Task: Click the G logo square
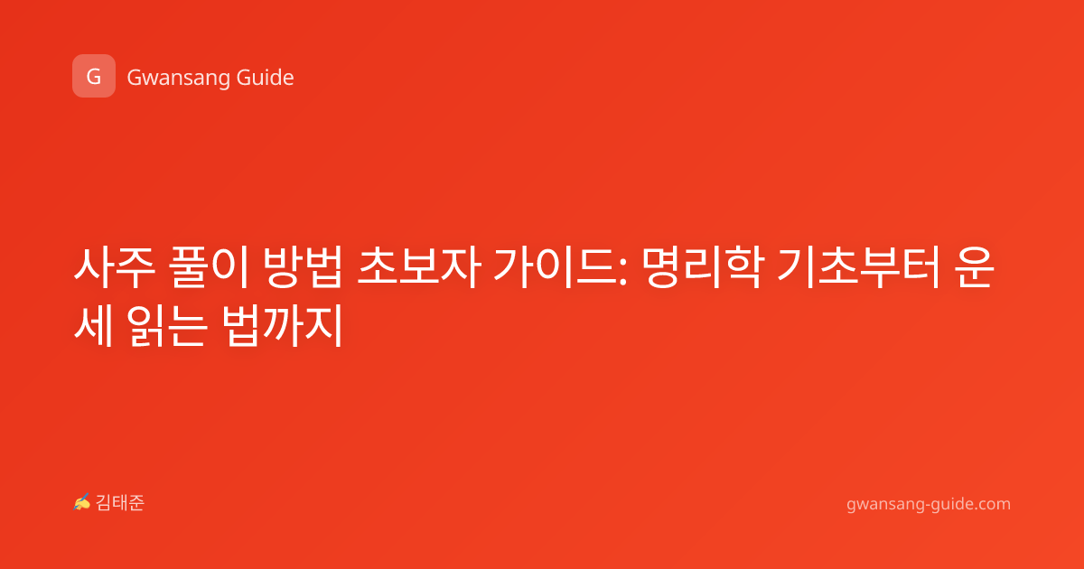[x=94, y=76]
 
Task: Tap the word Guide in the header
[x=266, y=78]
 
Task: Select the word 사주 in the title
[x=114, y=266]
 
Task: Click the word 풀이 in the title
[x=209, y=266]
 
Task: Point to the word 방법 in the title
[x=303, y=266]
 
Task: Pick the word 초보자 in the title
[x=419, y=266]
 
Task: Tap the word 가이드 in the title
[x=555, y=266]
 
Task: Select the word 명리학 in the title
[x=703, y=266]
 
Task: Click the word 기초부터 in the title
[x=858, y=266]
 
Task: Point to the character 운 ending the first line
[x=974, y=266]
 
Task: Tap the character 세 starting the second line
[x=94, y=324]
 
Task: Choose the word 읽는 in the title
[x=168, y=324]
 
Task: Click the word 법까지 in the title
[x=283, y=324]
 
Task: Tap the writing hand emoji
[x=82, y=502]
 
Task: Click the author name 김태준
[x=120, y=503]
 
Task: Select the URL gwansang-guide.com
[x=929, y=504]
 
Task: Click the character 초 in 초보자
[x=378, y=266]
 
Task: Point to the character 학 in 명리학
[x=744, y=266]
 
